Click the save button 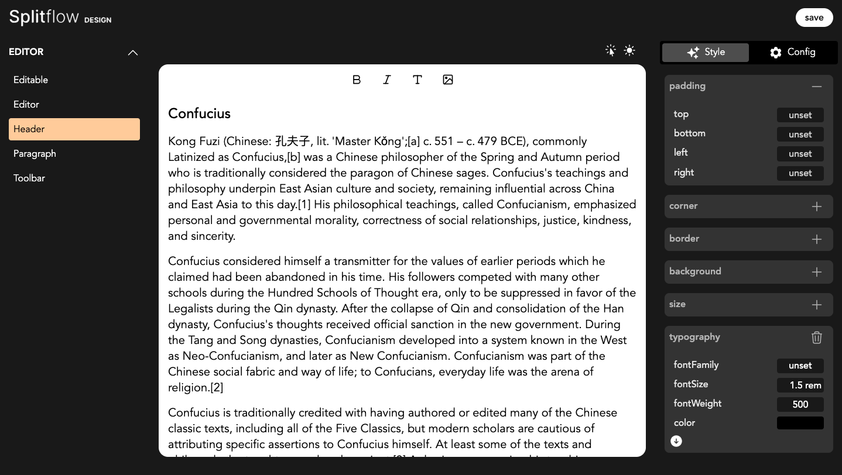[x=814, y=18]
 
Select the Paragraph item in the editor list [x=35, y=154]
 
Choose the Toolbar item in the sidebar [x=29, y=178]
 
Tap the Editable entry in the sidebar [x=31, y=80]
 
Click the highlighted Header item [x=74, y=129]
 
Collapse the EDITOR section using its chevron [x=133, y=53]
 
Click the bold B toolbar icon [x=357, y=80]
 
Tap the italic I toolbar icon [x=387, y=80]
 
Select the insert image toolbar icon [x=448, y=80]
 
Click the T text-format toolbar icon [x=417, y=80]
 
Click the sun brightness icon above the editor [x=629, y=51]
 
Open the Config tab [x=792, y=52]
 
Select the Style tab [x=706, y=52]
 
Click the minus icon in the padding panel [x=817, y=87]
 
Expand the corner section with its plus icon [x=817, y=206]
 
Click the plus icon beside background [x=817, y=272]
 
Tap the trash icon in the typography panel [x=817, y=338]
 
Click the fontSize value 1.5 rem [x=800, y=385]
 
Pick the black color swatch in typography [x=800, y=423]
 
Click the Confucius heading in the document [x=200, y=114]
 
